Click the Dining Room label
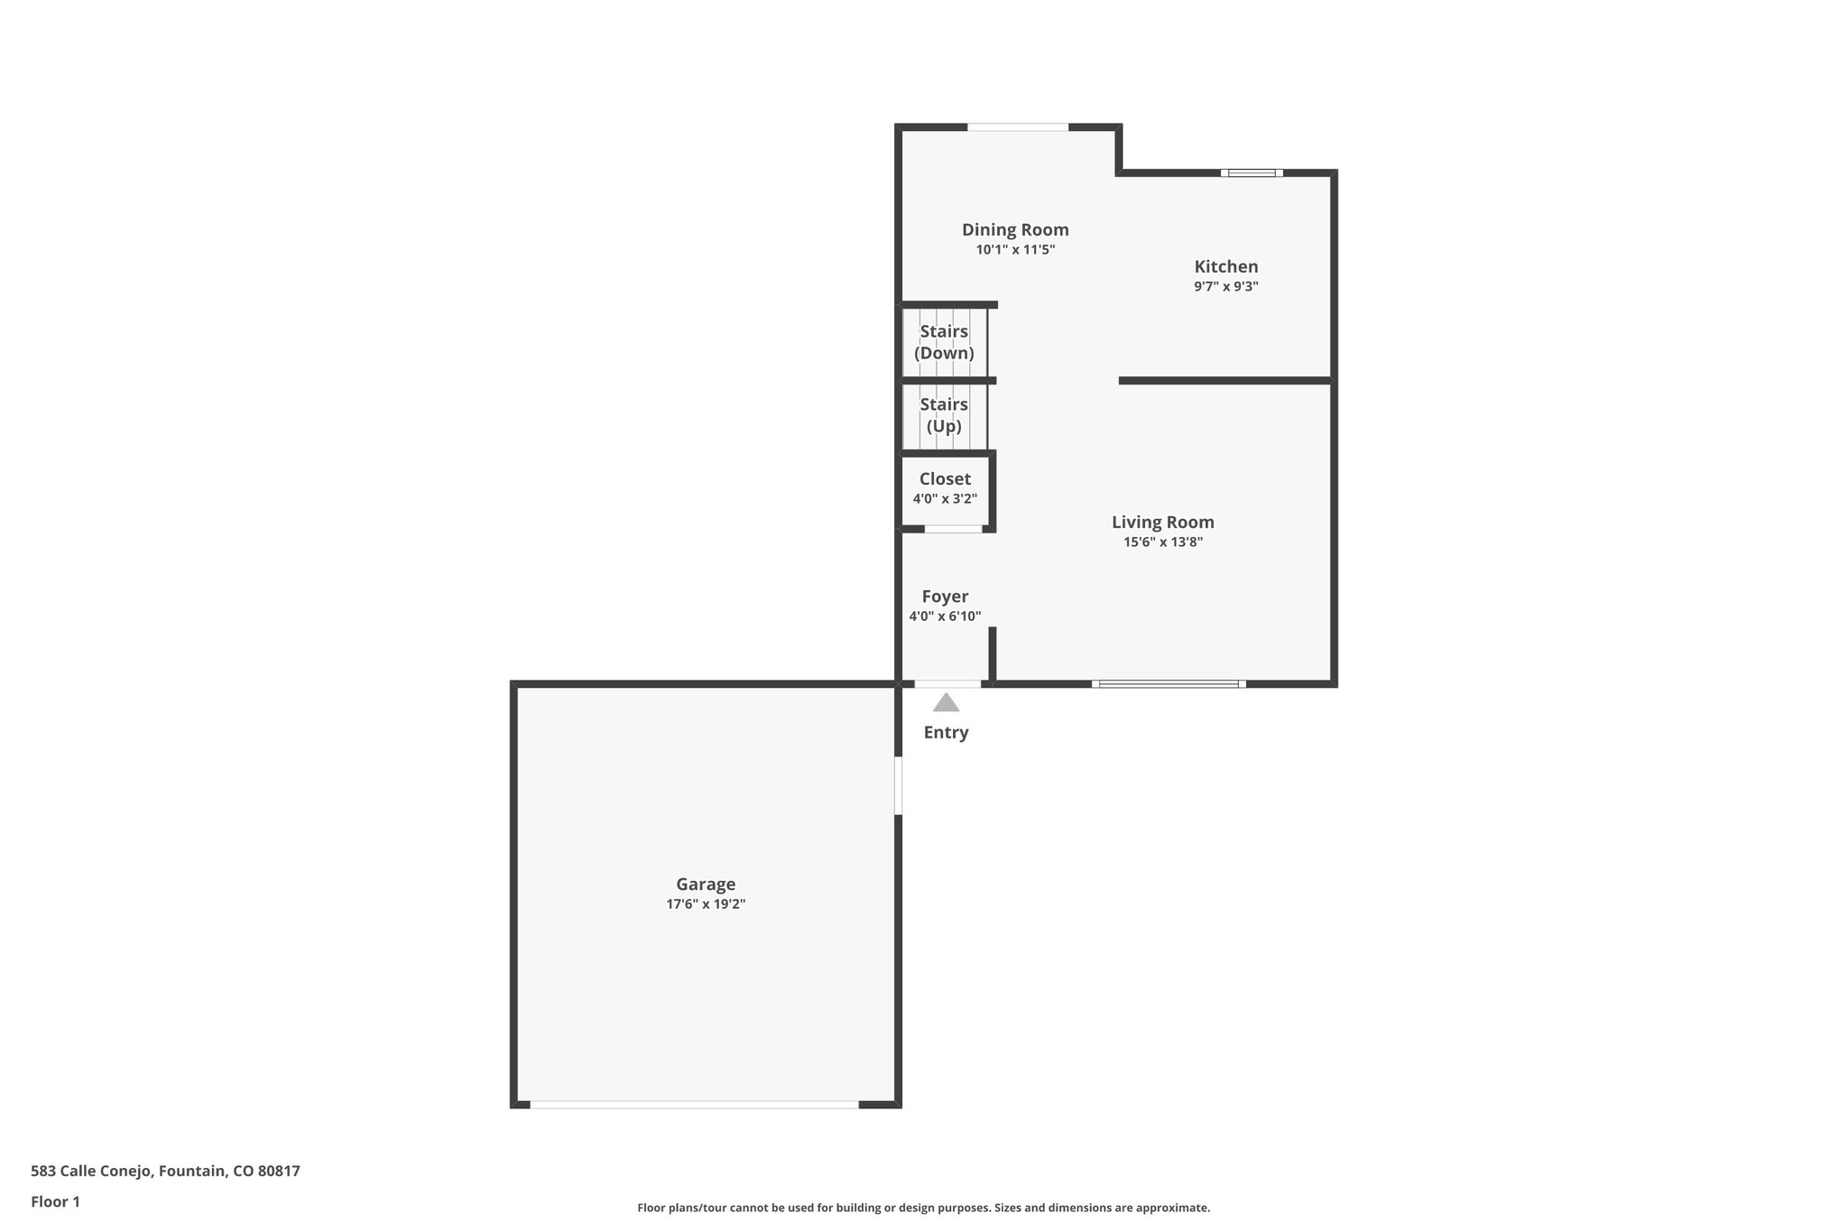(x=1015, y=230)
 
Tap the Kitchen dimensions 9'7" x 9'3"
(x=1225, y=287)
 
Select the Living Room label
(x=1162, y=523)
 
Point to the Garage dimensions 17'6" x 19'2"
(x=706, y=904)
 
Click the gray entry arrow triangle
(x=946, y=703)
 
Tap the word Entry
(x=946, y=733)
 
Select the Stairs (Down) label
(x=944, y=343)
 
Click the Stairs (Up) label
(x=944, y=415)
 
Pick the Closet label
(x=945, y=479)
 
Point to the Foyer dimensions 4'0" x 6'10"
(x=945, y=617)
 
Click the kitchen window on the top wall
(x=1252, y=172)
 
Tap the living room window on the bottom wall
(x=1169, y=684)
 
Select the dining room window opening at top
(x=1018, y=127)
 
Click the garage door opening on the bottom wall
(x=694, y=1104)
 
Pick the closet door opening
(x=953, y=529)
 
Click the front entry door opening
(x=947, y=684)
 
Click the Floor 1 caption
(x=55, y=1202)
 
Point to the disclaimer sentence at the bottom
(x=923, y=1208)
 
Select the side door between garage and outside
(x=898, y=785)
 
